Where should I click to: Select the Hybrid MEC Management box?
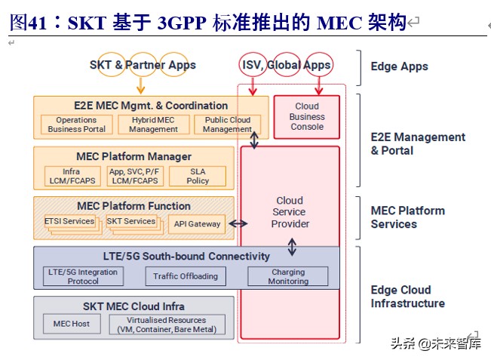[x=153, y=125]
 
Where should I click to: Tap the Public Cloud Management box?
[x=227, y=125]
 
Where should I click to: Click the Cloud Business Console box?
[x=307, y=117]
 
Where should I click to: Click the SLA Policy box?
[x=198, y=176]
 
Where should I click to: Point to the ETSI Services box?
[x=69, y=222]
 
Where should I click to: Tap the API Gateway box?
[x=197, y=223]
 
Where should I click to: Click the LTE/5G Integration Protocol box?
[x=83, y=276]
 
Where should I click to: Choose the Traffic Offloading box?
[x=185, y=276]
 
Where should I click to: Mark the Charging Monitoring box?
[x=287, y=276]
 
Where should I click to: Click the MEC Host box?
[x=71, y=324]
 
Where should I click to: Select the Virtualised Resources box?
[x=166, y=325]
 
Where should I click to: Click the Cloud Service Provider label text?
[x=290, y=212]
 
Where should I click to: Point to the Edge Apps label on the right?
[x=399, y=66]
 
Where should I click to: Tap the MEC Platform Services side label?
[x=407, y=217]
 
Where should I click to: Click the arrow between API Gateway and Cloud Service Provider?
[x=238, y=223]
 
